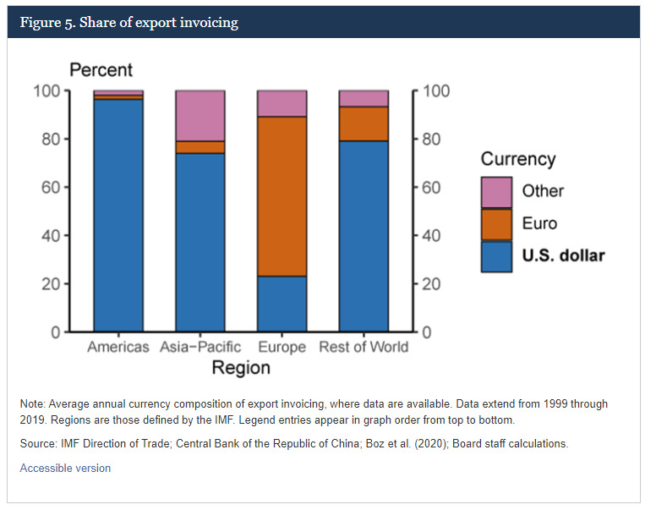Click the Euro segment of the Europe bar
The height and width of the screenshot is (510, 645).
[282, 196]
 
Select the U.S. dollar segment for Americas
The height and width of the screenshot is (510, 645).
[118, 216]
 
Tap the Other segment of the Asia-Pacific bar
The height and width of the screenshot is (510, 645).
[200, 116]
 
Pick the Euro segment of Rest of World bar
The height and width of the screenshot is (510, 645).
[363, 123]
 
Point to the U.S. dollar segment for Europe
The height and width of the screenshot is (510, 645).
[282, 304]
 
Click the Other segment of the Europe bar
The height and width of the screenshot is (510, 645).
[282, 104]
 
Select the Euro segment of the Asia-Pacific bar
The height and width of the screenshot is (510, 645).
[200, 147]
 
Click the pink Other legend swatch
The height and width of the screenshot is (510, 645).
[496, 192]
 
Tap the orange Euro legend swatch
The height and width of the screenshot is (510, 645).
[496, 224]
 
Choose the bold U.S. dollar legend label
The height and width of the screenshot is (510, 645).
[563, 255]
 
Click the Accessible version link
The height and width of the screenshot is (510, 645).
[65, 468]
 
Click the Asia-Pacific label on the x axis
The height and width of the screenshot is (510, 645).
[200, 347]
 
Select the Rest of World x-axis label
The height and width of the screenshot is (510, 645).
[363, 347]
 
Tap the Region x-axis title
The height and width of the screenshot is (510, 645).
[241, 368]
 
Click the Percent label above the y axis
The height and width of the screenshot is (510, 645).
[101, 70]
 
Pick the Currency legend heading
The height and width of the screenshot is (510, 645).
[518, 159]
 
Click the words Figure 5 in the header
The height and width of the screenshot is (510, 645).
[47, 22]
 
